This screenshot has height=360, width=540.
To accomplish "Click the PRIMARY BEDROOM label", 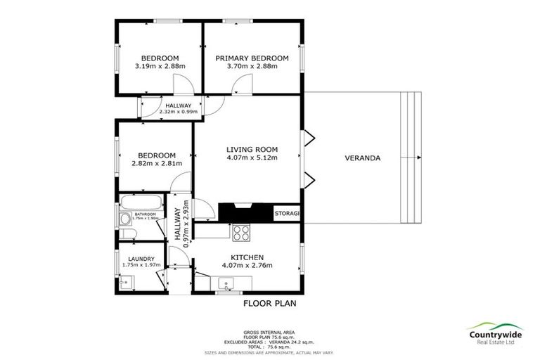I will pyautogui.click(x=252, y=58).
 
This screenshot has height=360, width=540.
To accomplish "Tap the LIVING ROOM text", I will pyautogui.click(x=252, y=149).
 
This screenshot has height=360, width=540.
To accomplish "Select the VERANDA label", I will pyautogui.click(x=362, y=158).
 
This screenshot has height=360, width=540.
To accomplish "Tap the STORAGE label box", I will pyautogui.click(x=287, y=213).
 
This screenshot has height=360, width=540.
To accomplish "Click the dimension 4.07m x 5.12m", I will pyautogui.click(x=252, y=157).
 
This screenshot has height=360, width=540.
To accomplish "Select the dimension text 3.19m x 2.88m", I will pyautogui.click(x=160, y=66).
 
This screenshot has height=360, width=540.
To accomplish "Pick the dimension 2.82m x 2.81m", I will pyautogui.click(x=156, y=164).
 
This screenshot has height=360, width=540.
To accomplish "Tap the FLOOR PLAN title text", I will pyautogui.click(x=269, y=304).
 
